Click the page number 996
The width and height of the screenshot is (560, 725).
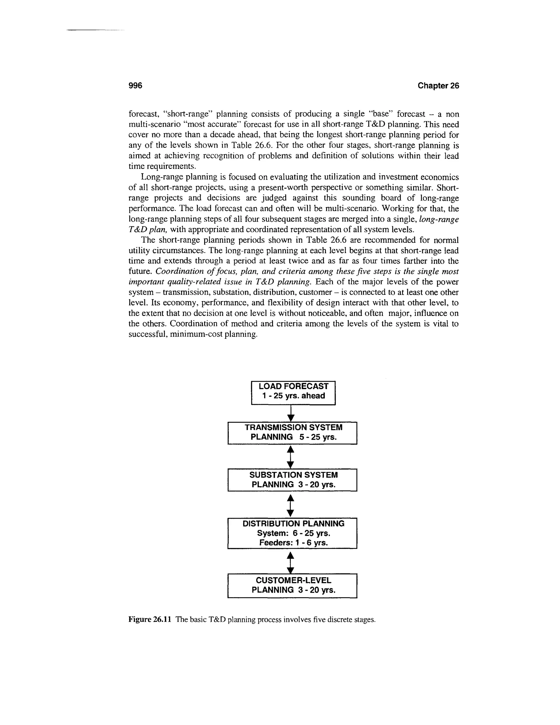pos(135,86)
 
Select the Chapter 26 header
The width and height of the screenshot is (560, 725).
pos(438,86)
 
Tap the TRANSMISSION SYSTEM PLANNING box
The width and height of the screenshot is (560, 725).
pos(292,433)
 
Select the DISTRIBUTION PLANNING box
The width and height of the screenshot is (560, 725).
pos(292,533)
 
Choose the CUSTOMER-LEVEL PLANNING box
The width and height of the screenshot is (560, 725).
pos(292,585)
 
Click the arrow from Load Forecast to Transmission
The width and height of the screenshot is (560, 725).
pos(291,413)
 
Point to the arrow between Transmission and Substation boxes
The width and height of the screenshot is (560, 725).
pos(291,456)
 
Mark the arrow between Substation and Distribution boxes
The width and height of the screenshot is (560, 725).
pos(291,505)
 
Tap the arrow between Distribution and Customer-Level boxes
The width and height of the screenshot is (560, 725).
pos(291,562)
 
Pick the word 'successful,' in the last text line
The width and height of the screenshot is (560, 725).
pos(148,334)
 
